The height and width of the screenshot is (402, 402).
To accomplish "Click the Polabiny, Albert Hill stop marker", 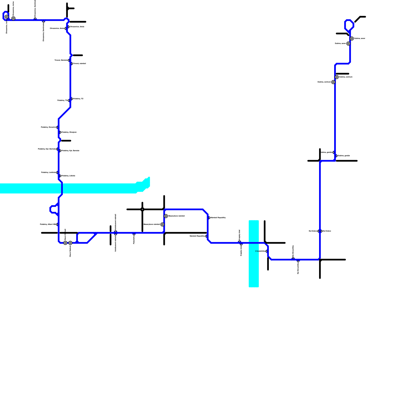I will click(57, 224).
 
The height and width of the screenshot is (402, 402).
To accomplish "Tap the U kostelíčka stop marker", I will click(266, 251).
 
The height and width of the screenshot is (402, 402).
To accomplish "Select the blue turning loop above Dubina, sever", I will click(349, 25).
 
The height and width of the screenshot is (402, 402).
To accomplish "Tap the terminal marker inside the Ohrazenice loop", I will click(7, 17).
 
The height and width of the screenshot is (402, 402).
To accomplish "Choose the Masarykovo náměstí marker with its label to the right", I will click(166, 216).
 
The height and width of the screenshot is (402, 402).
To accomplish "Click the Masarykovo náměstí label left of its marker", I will click(152, 224).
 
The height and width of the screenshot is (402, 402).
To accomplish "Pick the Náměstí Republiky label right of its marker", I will click(218, 218).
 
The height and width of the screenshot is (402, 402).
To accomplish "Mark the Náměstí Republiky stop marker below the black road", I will click(206, 236).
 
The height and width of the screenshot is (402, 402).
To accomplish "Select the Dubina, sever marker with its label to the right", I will click(352, 38).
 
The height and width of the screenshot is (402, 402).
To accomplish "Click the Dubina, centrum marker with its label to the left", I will click(333, 82).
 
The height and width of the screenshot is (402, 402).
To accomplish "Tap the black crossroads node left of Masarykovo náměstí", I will click(142, 209).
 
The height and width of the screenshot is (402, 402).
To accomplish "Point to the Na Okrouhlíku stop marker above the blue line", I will click(293, 258).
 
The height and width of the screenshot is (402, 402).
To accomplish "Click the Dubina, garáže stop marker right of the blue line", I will click(337, 156).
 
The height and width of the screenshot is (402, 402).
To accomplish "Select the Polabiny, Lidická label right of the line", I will click(68, 176).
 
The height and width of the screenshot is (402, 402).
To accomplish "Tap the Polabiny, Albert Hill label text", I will click(48, 224).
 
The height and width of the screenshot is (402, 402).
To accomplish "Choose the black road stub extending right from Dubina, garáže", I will click(347, 161).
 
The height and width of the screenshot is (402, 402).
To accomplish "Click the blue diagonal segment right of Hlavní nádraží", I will click(92, 238).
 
